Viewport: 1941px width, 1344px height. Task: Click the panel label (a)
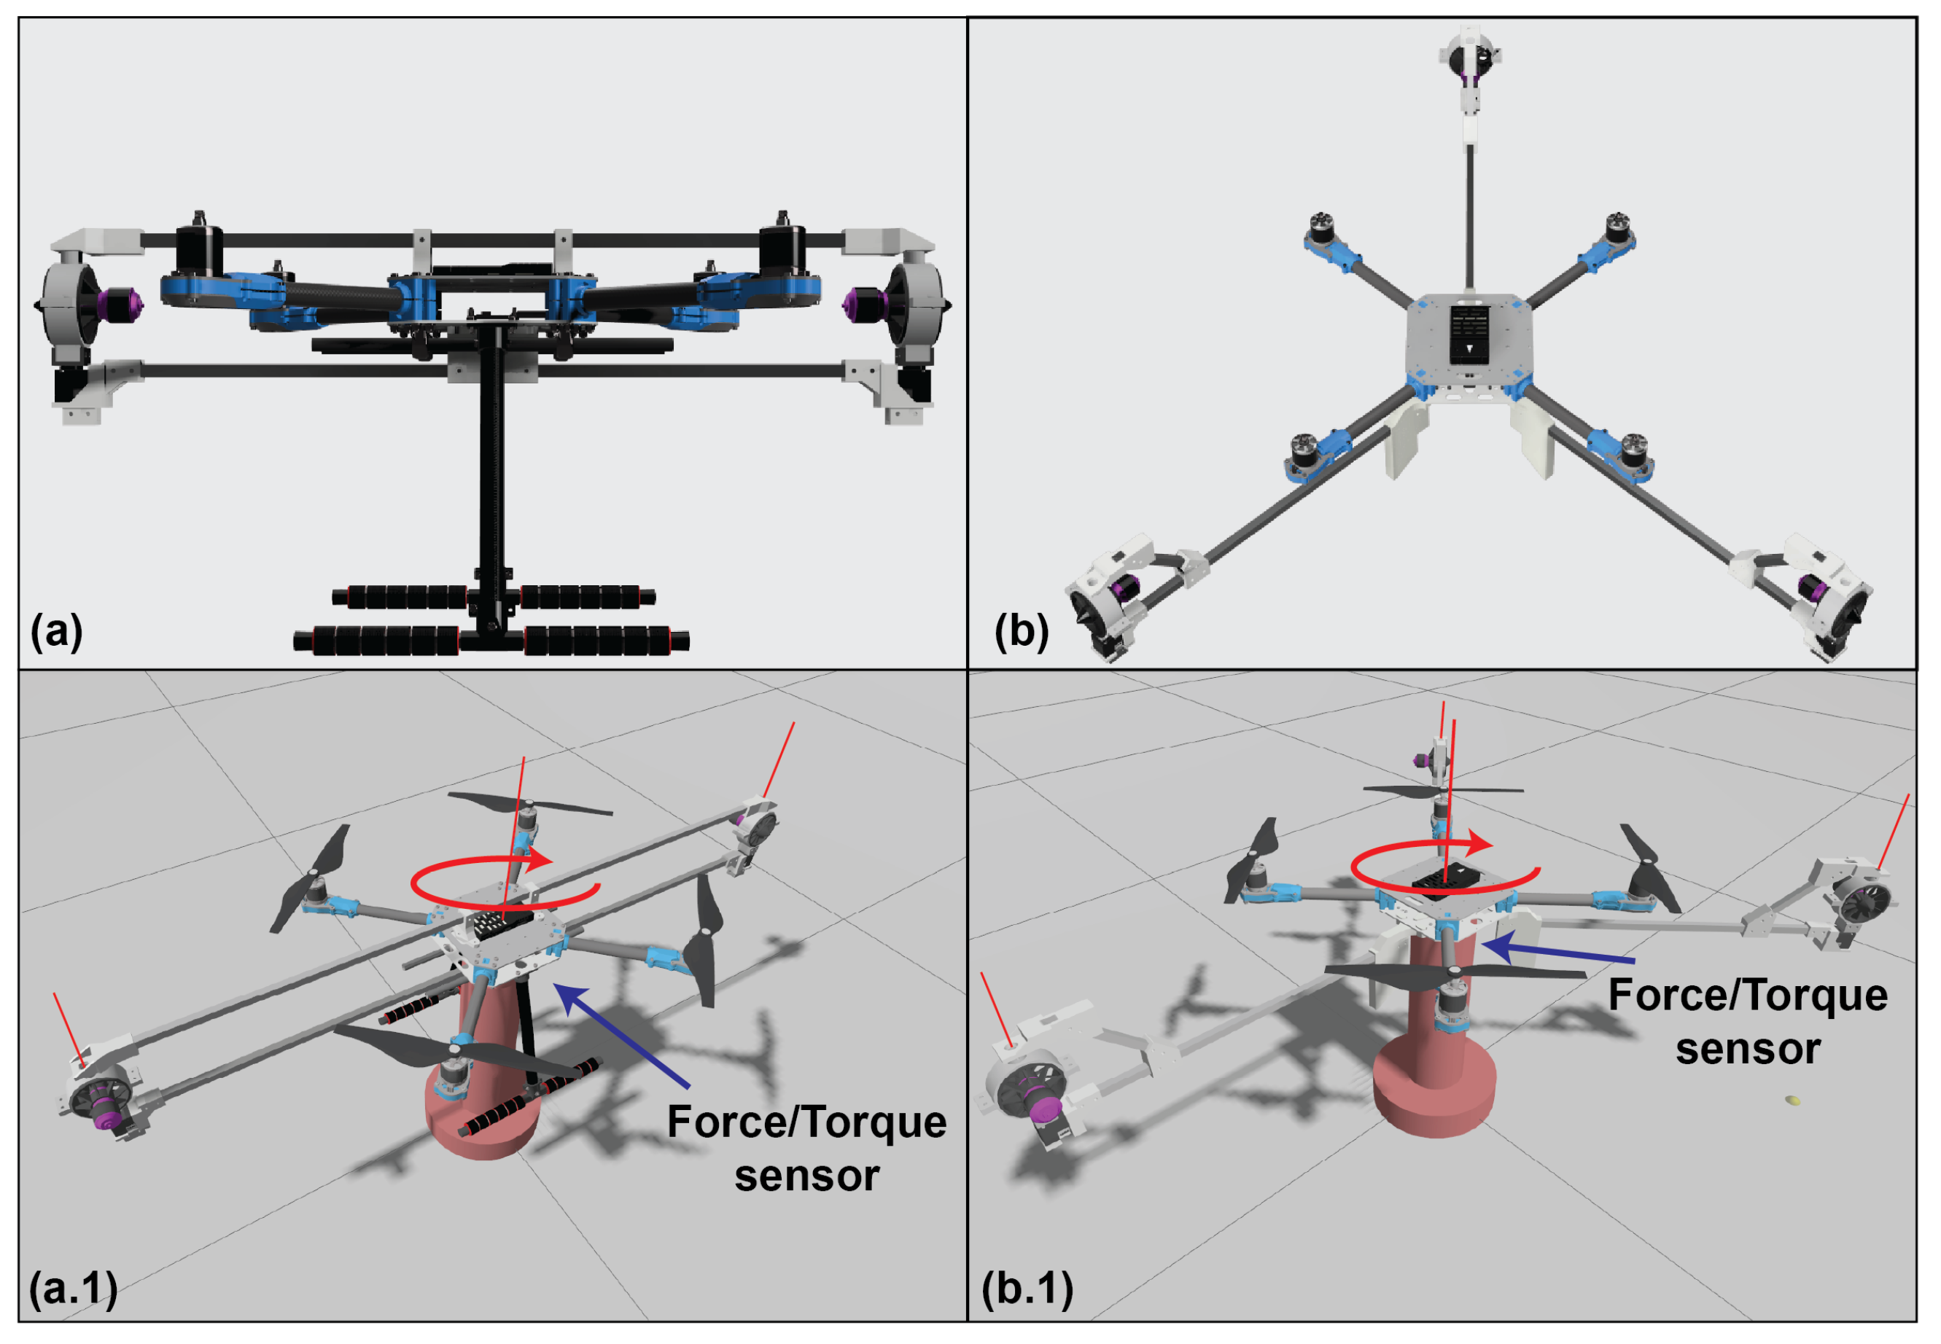[56, 630]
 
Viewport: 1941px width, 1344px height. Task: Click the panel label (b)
[1021, 630]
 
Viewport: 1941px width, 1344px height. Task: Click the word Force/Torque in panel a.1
[806, 1122]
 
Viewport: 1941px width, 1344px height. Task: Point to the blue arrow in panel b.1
[1558, 953]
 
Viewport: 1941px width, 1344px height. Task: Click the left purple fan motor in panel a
[118, 302]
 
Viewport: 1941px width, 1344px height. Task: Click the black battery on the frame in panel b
[1469, 332]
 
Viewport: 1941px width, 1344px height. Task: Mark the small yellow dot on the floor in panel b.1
[1792, 1100]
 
